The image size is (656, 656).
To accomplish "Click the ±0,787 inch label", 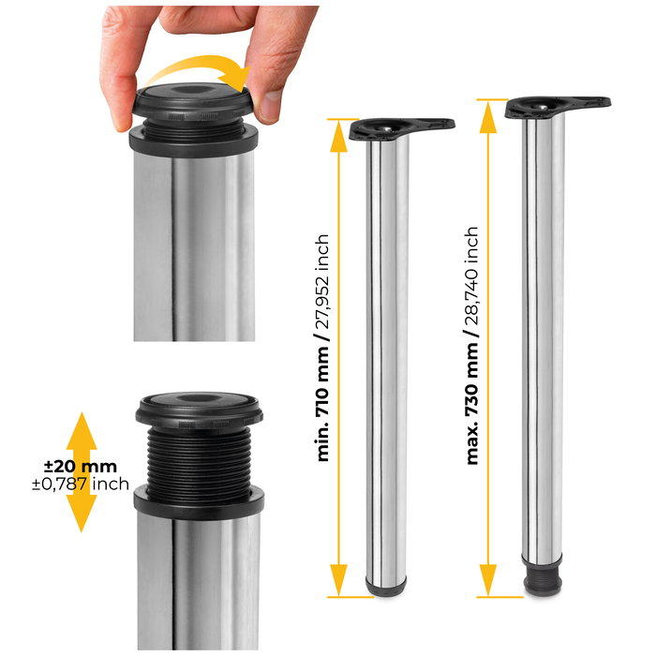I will [x=81, y=485].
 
